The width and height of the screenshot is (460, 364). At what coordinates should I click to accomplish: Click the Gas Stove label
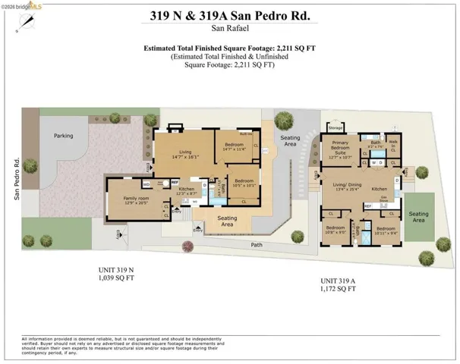pyautogui.click(x=385, y=199)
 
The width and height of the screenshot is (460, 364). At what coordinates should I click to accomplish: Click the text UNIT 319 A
pyautogui.click(x=337, y=279)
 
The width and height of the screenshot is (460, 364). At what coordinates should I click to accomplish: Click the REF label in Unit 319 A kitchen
pyautogui.click(x=367, y=206)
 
